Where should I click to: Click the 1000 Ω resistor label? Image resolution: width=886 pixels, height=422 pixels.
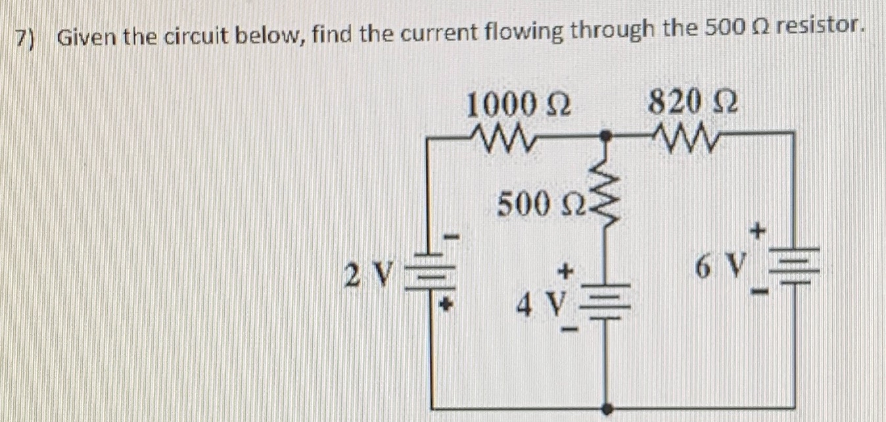[517, 105]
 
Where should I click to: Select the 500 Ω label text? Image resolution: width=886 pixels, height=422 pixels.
[530, 205]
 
